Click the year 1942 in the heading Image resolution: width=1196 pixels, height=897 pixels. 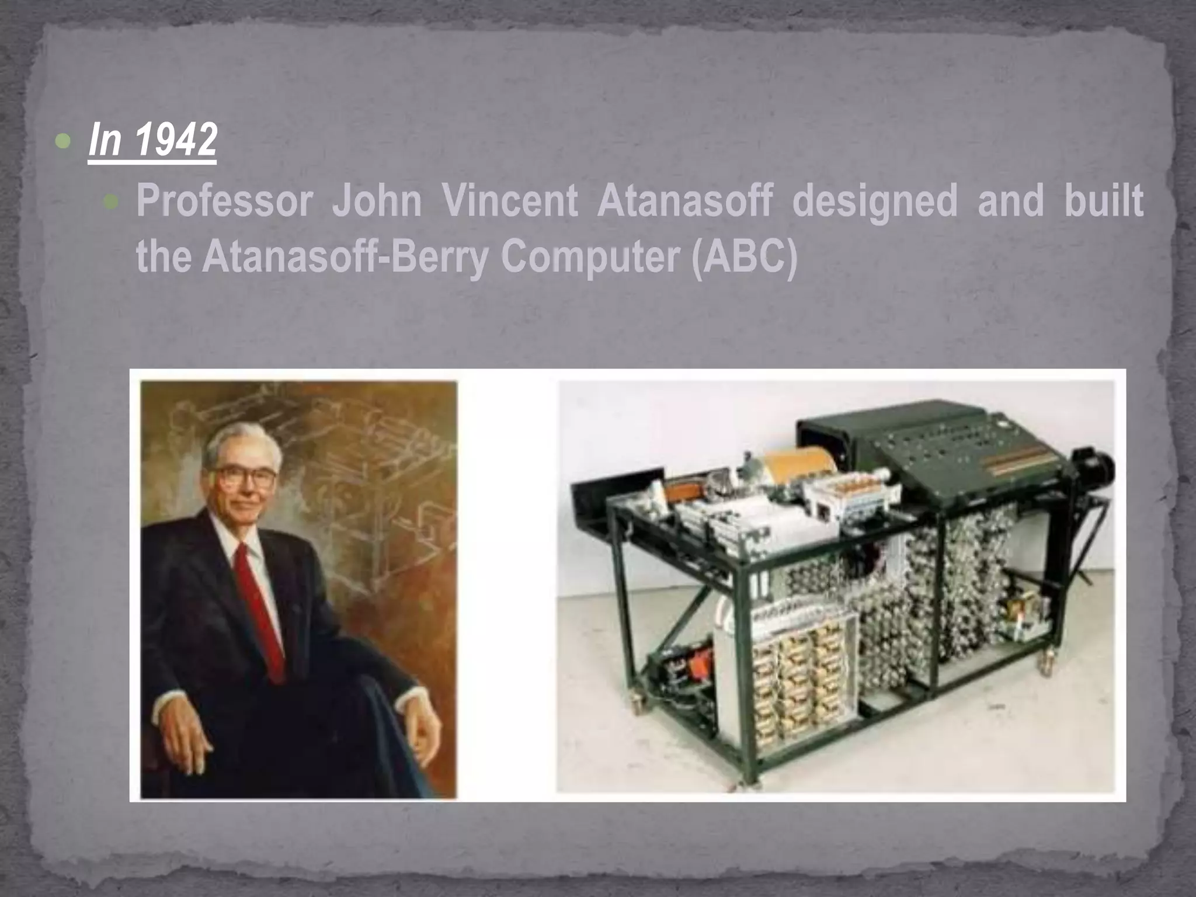tap(176, 140)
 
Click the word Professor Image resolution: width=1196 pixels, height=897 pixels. tap(224, 201)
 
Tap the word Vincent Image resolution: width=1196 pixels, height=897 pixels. tap(510, 201)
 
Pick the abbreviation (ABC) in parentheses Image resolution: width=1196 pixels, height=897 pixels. tap(744, 257)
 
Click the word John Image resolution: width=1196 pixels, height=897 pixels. tap(377, 201)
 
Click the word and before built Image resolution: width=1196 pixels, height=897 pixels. tap(1010, 201)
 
